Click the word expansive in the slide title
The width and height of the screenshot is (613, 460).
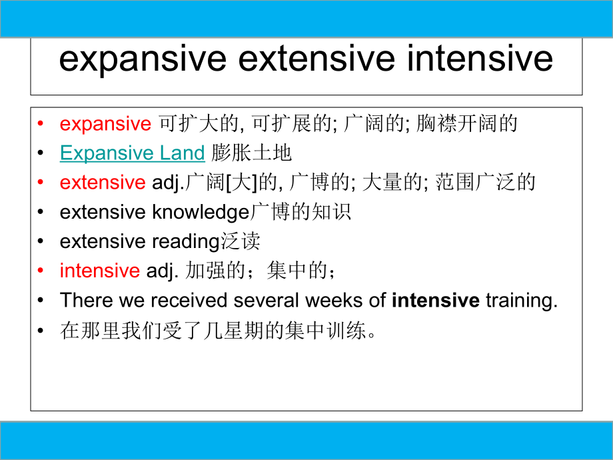coord(142,59)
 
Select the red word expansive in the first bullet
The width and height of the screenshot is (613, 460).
coord(105,124)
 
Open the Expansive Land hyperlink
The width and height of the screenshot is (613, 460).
coord(132,153)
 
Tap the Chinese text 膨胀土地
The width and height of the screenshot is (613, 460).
coord(252,153)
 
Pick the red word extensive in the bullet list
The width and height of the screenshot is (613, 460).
coord(102,183)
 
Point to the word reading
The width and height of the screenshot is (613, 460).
coord(186,241)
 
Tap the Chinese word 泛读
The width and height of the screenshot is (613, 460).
coord(240,241)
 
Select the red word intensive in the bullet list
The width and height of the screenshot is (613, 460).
coord(99,271)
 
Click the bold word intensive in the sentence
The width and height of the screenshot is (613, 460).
coord(436,300)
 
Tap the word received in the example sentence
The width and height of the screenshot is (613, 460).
coord(189,300)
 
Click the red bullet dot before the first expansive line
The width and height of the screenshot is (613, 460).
coord(41,124)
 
